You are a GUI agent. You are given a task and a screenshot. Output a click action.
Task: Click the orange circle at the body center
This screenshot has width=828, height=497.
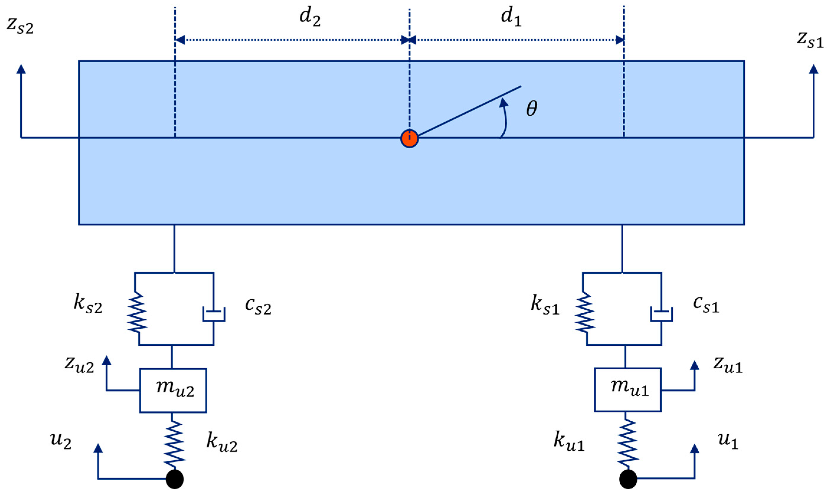[409, 138]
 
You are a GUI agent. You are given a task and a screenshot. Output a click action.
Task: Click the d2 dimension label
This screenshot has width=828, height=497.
[310, 18]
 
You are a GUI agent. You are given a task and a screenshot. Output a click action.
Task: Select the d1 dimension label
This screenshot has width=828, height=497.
[511, 18]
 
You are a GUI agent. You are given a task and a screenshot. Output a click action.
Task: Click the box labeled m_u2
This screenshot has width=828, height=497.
[173, 390]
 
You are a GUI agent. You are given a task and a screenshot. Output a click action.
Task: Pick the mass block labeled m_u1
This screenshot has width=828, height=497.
[628, 389]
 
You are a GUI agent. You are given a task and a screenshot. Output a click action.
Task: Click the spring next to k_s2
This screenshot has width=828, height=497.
[137, 312]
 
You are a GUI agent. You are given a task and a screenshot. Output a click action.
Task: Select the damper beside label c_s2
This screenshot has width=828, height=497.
[214, 314]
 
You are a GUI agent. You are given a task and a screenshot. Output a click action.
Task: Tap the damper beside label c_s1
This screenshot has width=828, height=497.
[661, 314]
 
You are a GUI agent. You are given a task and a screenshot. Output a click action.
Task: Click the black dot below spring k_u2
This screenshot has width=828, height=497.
[175, 479]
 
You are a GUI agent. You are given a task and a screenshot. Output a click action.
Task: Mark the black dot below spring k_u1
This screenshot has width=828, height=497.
[628, 479]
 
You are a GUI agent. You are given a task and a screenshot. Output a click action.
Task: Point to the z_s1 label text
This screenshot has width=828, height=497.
[810, 40]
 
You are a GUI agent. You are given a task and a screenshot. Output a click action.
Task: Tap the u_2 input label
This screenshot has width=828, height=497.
[61, 441]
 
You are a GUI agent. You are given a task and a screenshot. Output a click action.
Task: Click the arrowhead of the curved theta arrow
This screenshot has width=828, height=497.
[503, 103]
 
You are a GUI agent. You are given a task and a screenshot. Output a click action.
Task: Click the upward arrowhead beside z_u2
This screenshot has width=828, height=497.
[106, 360]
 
